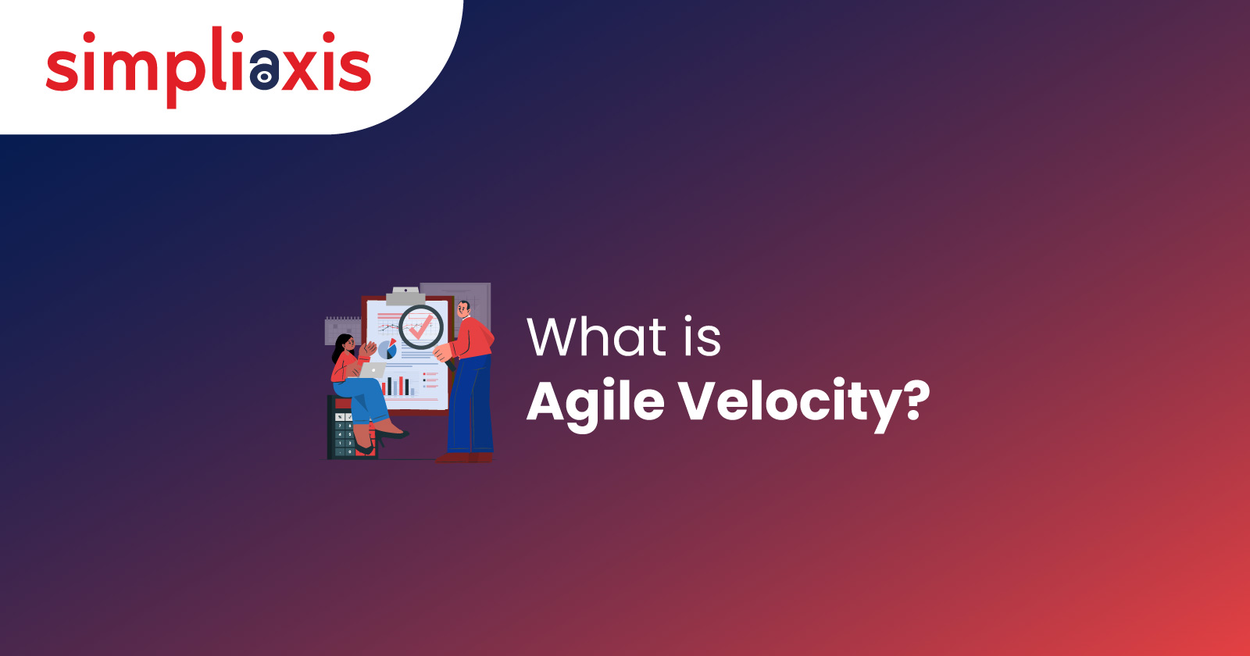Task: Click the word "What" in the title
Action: pyautogui.click(x=597, y=337)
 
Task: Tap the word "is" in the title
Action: pyautogui.click(x=703, y=337)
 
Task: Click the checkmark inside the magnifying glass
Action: pyautogui.click(x=421, y=327)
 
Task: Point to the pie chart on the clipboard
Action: pyautogui.click(x=387, y=349)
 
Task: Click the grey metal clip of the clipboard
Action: pyautogui.click(x=405, y=296)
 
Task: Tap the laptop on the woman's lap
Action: pyautogui.click(x=372, y=370)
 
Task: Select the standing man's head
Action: pyautogui.click(x=464, y=309)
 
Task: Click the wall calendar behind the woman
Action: pyautogui.click(x=342, y=330)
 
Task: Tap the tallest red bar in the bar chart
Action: pyautogui.click(x=400, y=386)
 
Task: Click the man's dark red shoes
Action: pyautogui.click(x=464, y=458)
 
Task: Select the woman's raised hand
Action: pyautogui.click(x=369, y=349)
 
